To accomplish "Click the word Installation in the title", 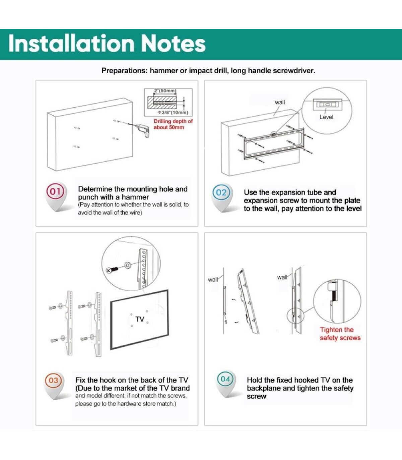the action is tap(71, 43).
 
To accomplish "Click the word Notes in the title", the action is tap(174, 44).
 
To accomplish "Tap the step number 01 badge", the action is tap(55, 192).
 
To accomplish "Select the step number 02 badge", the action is tap(221, 193).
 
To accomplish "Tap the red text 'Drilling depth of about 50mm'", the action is tap(173, 124).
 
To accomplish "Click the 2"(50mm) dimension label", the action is tap(165, 91).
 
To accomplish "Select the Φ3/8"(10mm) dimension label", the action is tap(173, 112).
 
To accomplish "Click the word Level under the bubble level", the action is tap(326, 117).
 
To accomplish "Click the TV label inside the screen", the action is tap(140, 319).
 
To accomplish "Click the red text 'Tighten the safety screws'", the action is tap(340, 334).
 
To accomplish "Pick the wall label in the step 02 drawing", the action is tap(280, 102).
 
